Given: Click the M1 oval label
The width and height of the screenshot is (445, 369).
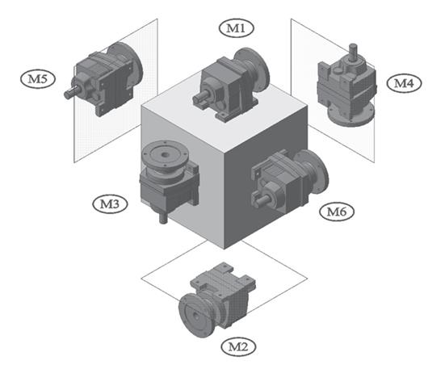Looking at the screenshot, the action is click(x=236, y=27).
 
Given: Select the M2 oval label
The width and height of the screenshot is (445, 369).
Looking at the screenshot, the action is click(x=237, y=346).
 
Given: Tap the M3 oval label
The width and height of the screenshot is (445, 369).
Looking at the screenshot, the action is click(x=110, y=203).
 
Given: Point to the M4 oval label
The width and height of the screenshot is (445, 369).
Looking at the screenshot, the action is click(x=404, y=83).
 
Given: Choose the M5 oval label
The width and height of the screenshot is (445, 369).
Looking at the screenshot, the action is click(x=37, y=78).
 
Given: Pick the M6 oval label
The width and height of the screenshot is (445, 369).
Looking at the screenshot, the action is click(x=337, y=211).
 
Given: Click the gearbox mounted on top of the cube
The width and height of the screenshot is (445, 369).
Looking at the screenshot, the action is click(x=230, y=85).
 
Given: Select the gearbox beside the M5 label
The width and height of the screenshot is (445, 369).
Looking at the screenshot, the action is click(x=103, y=79).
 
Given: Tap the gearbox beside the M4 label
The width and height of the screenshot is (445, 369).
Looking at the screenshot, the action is click(x=346, y=85).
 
